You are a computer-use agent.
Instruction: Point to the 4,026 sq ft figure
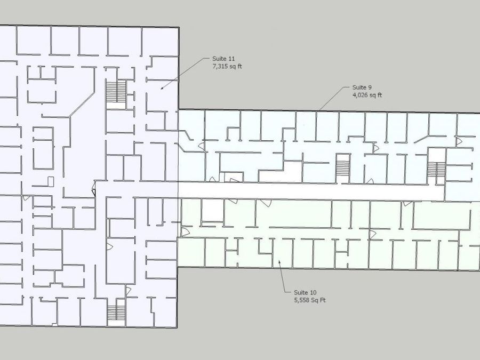tap(367, 95)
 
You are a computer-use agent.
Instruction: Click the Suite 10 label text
tap(305, 293)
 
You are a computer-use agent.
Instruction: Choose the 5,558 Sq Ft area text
tap(310, 300)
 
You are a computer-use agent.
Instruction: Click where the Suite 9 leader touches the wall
tap(318, 110)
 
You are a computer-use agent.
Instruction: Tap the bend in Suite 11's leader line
tap(203, 60)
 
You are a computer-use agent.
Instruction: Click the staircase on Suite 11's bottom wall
tap(116, 313)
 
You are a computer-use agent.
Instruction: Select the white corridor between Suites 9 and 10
tap(309, 190)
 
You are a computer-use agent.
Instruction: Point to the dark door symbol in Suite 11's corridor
tap(94, 188)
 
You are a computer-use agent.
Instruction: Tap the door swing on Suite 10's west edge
tap(186, 232)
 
